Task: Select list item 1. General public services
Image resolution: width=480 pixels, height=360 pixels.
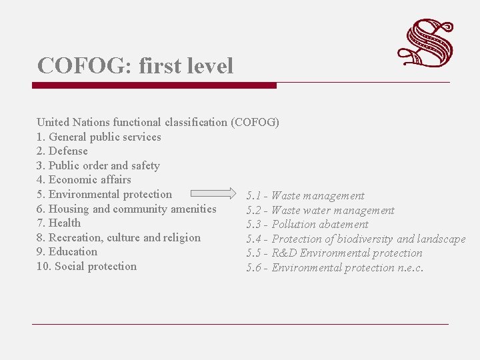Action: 99,137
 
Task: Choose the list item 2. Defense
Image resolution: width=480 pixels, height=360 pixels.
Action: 62,151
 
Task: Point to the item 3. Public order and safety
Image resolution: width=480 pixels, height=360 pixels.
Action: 98,165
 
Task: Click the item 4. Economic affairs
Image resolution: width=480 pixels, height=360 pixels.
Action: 84,180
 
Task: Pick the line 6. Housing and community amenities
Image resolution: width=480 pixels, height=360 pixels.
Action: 127,209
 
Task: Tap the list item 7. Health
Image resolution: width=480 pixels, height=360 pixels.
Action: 59,223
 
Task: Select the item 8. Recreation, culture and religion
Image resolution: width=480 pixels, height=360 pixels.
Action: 119,237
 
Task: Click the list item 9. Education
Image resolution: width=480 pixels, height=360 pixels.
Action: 67,252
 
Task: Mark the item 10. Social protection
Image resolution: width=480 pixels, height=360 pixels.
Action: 87,267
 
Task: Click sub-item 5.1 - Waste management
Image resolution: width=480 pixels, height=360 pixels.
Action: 305,196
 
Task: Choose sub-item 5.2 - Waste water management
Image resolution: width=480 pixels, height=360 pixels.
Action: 320,211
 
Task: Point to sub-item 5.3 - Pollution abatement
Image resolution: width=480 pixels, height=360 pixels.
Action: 307,225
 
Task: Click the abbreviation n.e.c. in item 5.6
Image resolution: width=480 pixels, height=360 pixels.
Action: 410,268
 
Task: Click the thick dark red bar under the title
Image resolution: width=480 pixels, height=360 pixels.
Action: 154,85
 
